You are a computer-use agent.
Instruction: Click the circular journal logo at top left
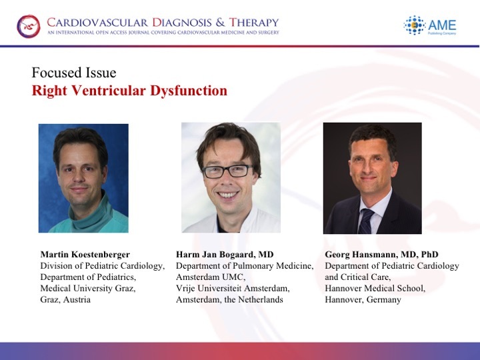[29, 26]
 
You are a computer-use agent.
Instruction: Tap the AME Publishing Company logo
[430, 25]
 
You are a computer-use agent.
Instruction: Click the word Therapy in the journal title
[254, 23]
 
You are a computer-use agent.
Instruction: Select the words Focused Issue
[74, 73]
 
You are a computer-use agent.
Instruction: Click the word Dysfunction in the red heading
[189, 90]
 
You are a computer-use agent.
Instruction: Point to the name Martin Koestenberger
[85, 255]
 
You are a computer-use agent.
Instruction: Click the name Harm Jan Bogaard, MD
[225, 255]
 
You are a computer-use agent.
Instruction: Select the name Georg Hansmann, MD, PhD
[381, 255]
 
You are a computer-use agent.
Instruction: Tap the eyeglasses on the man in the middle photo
[228, 171]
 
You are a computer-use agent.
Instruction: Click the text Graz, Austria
[65, 299]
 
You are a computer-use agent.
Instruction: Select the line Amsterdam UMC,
[211, 277]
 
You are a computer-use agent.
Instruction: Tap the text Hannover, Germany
[363, 299]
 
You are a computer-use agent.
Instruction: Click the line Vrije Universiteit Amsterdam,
[233, 289]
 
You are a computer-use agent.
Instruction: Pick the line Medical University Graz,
[88, 289]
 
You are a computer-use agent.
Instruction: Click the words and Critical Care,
[358, 277]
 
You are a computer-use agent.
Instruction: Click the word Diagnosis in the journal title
[182, 23]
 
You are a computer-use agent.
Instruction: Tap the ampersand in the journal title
[220, 23]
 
